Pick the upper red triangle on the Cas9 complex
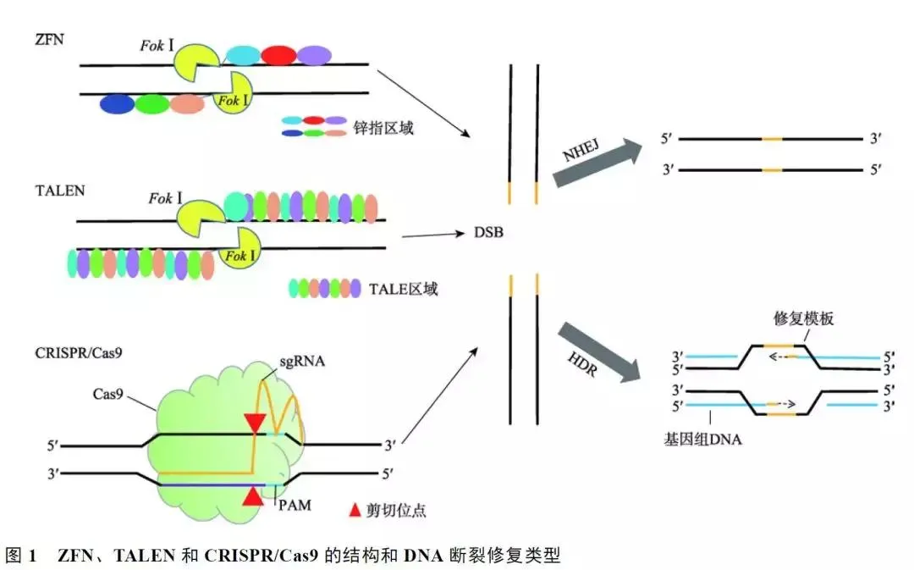(x=254, y=423)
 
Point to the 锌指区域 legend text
(x=384, y=129)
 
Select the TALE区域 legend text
(x=404, y=289)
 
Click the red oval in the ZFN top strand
(x=278, y=56)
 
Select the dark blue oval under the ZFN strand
(x=117, y=103)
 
